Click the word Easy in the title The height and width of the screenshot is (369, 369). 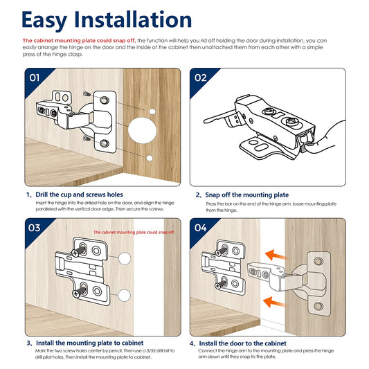pos(44,21)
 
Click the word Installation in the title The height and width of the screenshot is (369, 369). pos(133,19)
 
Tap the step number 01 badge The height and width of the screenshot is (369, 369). pos(35,78)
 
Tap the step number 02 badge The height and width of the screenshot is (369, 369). pos(200,78)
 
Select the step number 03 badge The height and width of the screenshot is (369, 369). pos(35,228)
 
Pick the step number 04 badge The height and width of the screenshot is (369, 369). pos(201,228)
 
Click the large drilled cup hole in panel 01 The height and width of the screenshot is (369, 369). pos(143,130)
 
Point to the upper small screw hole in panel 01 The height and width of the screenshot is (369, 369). pos(152,111)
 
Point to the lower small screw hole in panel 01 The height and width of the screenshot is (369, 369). pos(150,158)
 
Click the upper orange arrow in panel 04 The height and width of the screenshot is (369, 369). pos(276,255)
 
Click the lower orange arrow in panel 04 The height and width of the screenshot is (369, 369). pos(274,302)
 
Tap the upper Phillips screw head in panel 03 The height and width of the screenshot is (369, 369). pos(75,253)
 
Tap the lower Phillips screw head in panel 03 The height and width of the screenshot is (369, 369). pos(76,294)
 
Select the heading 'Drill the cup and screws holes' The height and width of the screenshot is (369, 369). pos(80,195)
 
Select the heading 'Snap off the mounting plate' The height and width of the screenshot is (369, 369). pos(247,195)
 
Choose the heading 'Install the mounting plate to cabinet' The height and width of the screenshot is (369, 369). pos(90,343)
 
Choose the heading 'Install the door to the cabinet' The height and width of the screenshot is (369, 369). pos(242,343)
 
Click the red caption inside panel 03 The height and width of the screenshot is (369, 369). pos(134,233)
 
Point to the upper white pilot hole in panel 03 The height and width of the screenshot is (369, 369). pos(125,259)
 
